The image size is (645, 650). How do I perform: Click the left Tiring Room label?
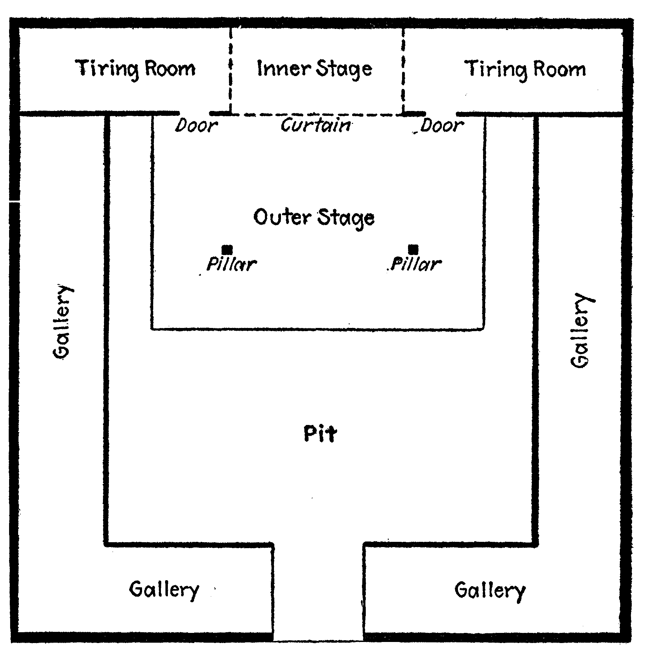(135, 69)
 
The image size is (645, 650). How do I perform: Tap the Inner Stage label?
(315, 69)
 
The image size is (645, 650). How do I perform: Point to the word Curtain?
(316, 125)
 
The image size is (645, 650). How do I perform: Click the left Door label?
(196, 125)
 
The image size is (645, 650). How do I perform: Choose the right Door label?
(442, 125)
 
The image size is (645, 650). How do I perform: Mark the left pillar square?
(227, 249)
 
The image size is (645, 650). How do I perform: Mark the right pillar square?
(413, 249)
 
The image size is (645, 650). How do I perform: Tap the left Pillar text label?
(232, 264)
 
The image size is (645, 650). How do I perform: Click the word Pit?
(320, 434)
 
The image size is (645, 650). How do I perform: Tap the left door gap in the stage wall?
(194, 114)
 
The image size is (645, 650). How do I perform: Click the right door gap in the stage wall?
(441, 114)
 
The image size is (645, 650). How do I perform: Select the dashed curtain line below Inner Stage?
(317, 114)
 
